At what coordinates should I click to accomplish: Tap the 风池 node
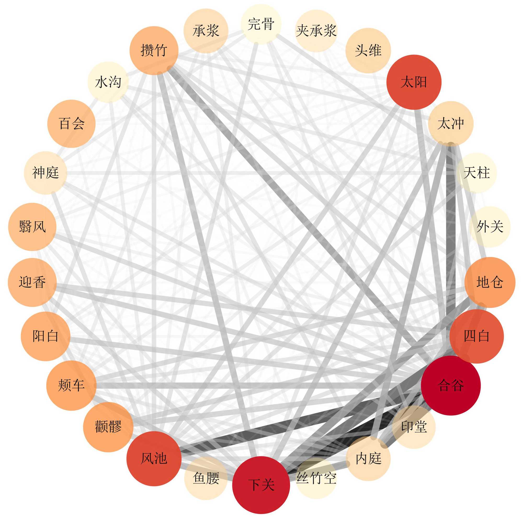(x=154, y=458)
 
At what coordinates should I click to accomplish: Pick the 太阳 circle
(x=414, y=82)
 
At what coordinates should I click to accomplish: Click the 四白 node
(x=476, y=336)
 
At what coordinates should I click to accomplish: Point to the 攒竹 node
(x=154, y=50)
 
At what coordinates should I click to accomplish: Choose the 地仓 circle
(x=490, y=282)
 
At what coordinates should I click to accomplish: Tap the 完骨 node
(x=261, y=24)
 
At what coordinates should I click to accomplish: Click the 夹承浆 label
(x=316, y=31)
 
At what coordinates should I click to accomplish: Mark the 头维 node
(x=368, y=50)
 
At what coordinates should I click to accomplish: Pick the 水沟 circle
(x=108, y=82)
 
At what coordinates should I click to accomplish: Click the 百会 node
(x=71, y=124)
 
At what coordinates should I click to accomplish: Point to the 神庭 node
(x=46, y=173)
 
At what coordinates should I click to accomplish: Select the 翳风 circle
(x=32, y=226)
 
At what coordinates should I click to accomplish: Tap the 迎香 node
(x=32, y=282)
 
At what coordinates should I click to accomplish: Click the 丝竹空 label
(x=316, y=478)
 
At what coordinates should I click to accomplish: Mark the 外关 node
(x=490, y=226)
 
